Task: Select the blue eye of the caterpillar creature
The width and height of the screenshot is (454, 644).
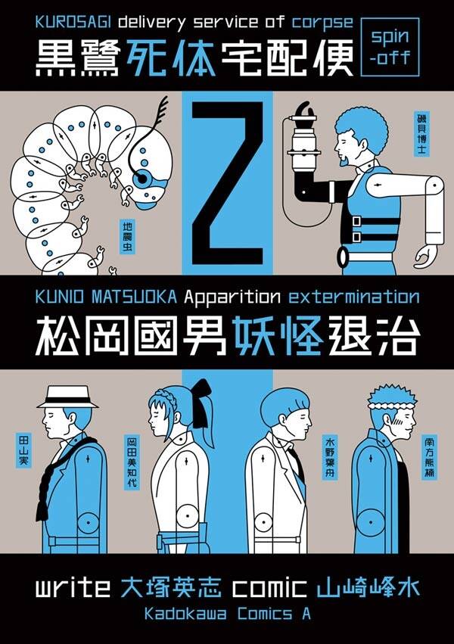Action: click(x=143, y=179)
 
